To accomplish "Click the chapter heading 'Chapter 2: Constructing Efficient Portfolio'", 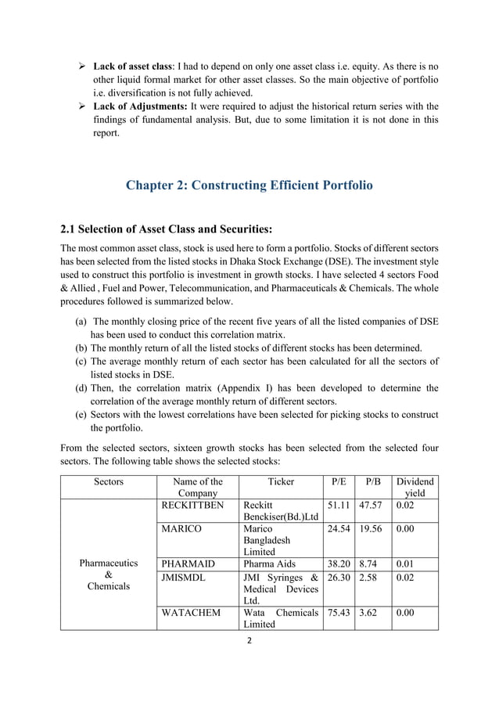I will (249, 186).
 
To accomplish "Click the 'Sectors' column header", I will (108, 482).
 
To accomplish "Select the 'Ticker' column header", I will (281, 482).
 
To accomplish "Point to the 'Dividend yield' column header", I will (415, 488).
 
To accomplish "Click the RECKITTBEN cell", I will (192, 506).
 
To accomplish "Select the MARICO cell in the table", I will (181, 528).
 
